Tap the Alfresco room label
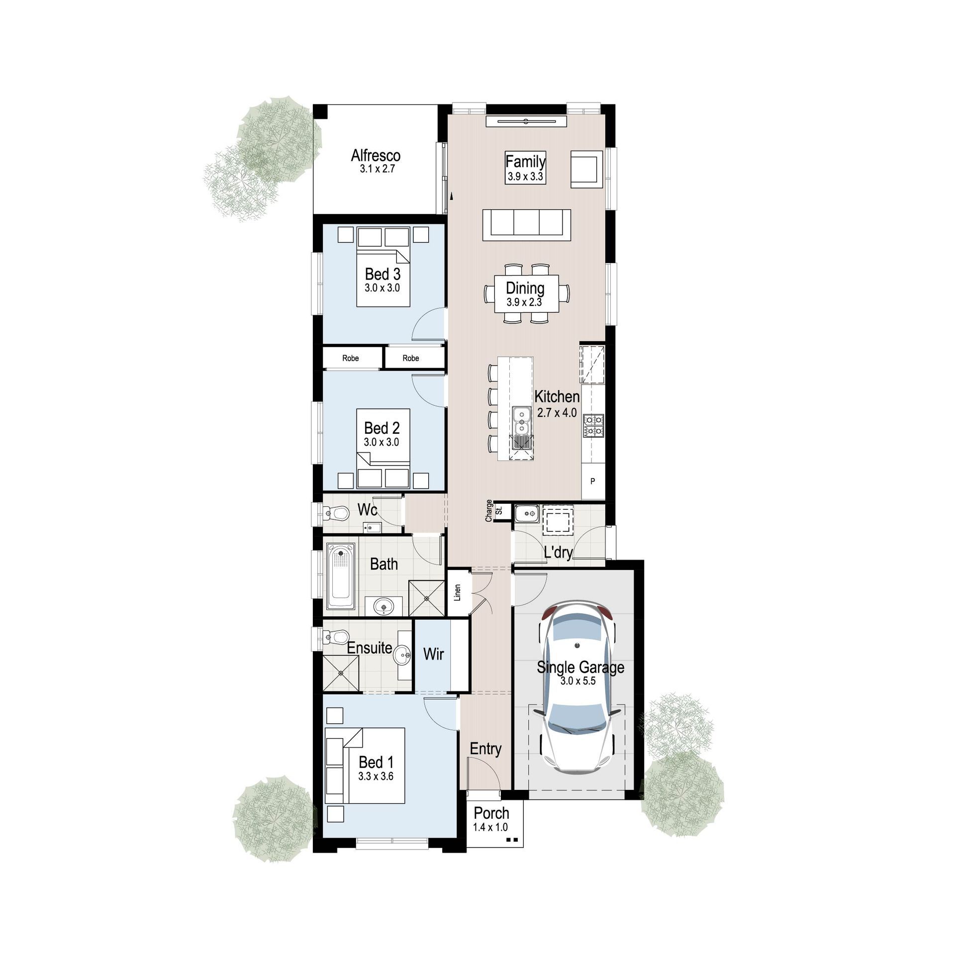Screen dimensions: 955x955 (x=376, y=155)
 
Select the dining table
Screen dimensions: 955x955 (x=527, y=294)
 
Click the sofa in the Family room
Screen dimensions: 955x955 (x=527, y=225)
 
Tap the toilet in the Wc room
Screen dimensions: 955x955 (x=336, y=512)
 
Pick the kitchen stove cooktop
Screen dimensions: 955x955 (x=593, y=426)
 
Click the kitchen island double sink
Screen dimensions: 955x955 (x=522, y=420)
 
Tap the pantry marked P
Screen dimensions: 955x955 (x=593, y=481)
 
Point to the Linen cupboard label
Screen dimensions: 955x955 (x=458, y=592)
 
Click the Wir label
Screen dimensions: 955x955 (x=433, y=654)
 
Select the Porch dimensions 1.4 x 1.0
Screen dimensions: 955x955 (x=490, y=827)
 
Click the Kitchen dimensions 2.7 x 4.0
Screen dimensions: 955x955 (x=557, y=412)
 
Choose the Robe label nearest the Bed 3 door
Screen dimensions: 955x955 (x=411, y=358)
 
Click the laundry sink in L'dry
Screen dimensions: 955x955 (x=527, y=513)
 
